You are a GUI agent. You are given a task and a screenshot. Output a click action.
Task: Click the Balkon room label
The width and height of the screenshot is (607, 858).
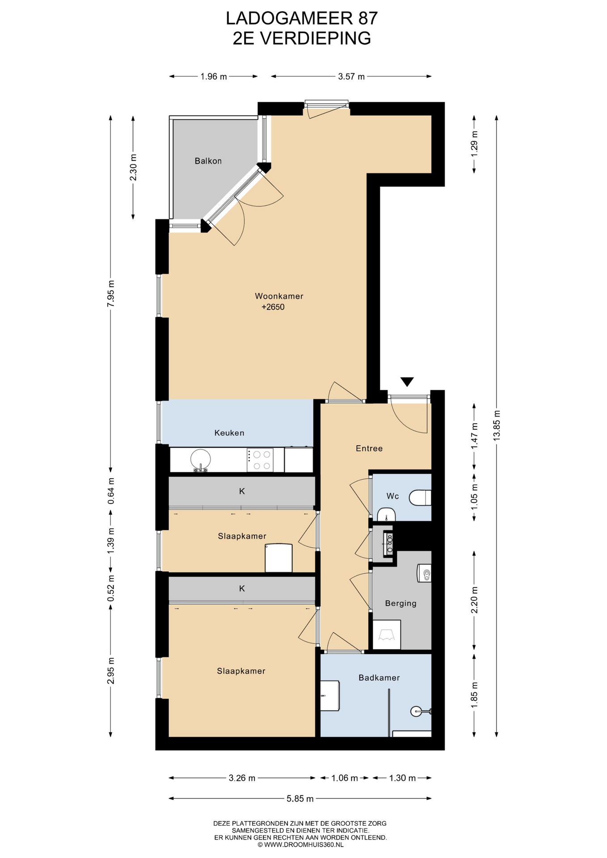(x=208, y=161)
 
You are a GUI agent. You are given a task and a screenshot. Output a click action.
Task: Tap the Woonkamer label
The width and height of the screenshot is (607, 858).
(x=279, y=296)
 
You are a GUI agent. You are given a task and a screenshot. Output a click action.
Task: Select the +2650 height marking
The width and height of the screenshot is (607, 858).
(x=273, y=307)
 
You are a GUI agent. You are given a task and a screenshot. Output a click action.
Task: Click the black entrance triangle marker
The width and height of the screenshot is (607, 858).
(x=407, y=382)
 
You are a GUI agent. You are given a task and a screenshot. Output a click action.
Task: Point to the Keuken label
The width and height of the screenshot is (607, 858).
(x=229, y=433)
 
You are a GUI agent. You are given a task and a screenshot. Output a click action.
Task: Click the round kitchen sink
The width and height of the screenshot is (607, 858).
(x=201, y=459)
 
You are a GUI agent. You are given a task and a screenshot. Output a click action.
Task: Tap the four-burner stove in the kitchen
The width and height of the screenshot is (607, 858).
(x=260, y=460)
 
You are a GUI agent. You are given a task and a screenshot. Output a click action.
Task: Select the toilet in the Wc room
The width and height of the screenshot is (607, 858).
(x=421, y=497)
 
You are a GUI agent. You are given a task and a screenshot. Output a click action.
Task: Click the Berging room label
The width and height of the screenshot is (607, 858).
(x=400, y=603)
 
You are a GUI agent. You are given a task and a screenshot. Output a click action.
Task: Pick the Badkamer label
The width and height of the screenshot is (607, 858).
(x=379, y=677)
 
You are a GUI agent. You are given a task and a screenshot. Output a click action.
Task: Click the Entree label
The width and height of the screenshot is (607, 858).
(x=369, y=448)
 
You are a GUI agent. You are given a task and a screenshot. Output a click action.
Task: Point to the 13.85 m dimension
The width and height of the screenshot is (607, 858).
(x=497, y=425)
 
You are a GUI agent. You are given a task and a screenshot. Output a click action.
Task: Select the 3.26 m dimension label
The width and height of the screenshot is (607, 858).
(x=242, y=778)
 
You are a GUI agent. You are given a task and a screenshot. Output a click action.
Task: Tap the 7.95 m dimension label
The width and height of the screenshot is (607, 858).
(x=111, y=293)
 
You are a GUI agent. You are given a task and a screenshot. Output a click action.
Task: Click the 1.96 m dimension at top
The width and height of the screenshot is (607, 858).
(x=214, y=76)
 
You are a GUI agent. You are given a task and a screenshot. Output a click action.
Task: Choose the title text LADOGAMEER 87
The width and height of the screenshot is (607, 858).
(x=302, y=18)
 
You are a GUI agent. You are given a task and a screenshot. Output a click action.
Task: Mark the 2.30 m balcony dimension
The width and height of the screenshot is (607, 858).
(x=133, y=167)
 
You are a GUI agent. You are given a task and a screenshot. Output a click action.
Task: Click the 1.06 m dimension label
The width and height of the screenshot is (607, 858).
(x=345, y=778)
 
